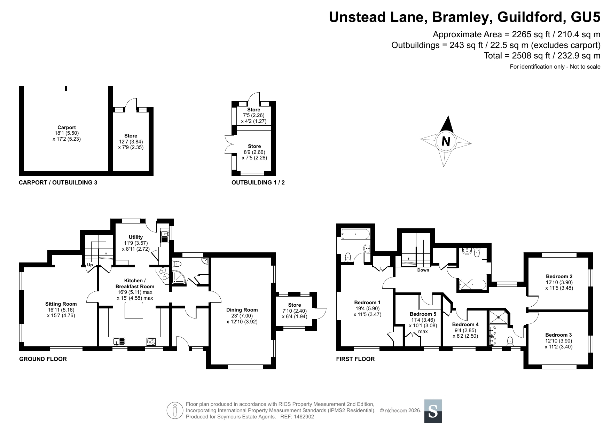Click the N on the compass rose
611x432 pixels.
(x=446, y=141)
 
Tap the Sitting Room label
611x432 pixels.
(x=61, y=304)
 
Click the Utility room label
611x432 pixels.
(x=136, y=237)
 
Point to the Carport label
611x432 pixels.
(x=66, y=127)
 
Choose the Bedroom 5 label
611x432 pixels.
(x=423, y=314)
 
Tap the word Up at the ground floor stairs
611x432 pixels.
(x=90, y=265)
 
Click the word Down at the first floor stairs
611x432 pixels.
(x=423, y=270)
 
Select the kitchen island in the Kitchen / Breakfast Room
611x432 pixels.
(x=134, y=310)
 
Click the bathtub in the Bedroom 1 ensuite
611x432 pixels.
(x=356, y=234)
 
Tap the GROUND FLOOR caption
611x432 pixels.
(x=43, y=359)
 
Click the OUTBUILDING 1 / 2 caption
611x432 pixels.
(x=258, y=182)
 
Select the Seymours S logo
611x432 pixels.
(x=433, y=411)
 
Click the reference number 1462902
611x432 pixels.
(x=303, y=417)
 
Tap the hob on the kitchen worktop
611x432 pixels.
(x=151, y=342)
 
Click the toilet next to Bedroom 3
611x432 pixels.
(x=510, y=341)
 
